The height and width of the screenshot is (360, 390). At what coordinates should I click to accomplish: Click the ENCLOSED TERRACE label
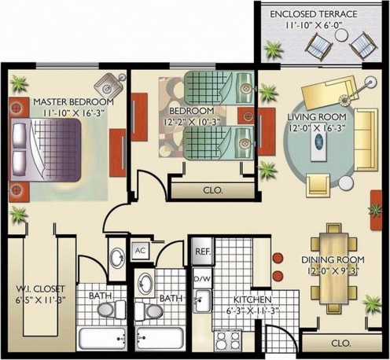324,14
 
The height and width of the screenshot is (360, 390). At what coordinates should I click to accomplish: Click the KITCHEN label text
252,300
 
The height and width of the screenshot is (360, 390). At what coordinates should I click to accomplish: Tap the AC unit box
141,250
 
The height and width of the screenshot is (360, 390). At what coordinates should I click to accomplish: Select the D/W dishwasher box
201,279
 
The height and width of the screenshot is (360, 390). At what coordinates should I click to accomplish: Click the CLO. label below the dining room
340,343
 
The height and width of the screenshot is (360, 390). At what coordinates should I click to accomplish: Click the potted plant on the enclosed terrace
274,51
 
